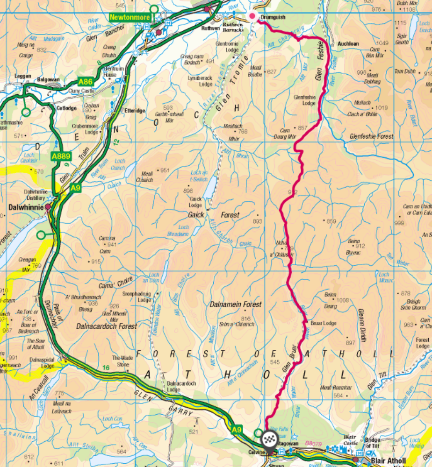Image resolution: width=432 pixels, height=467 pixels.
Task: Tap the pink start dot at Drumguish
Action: [x=253, y=16]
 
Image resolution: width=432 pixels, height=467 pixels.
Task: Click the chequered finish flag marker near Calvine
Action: [x=269, y=439]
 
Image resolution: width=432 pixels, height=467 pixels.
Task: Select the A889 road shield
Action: [x=61, y=156]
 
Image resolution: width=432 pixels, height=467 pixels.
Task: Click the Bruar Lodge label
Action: [x=323, y=323]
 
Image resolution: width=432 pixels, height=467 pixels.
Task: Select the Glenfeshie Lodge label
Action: [x=304, y=100]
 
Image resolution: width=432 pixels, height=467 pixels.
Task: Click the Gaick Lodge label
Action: [x=195, y=202]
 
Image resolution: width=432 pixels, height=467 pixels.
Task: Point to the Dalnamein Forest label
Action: [x=236, y=304]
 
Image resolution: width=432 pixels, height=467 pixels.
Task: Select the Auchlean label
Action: [x=348, y=44]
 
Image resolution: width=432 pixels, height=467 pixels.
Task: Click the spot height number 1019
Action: [x=382, y=108]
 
